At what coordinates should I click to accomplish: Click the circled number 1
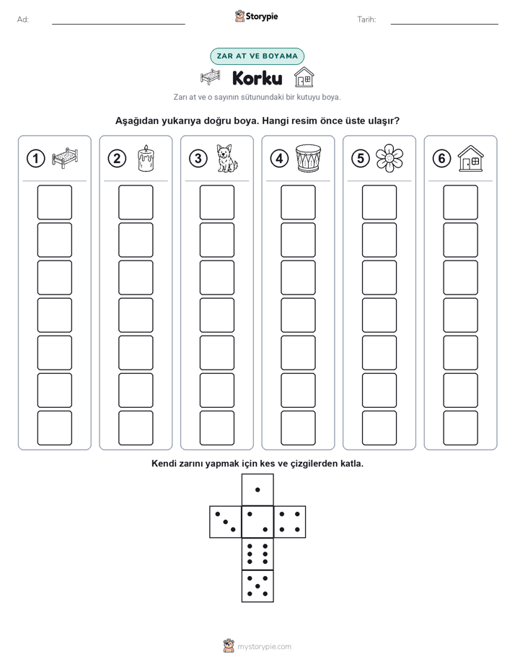pyautogui.click(x=35, y=159)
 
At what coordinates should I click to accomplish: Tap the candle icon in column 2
pyautogui.click(x=146, y=158)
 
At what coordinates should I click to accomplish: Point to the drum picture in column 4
pyautogui.click(x=309, y=158)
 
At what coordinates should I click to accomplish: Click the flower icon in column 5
pyautogui.click(x=389, y=158)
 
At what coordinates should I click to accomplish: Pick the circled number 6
pyautogui.click(x=441, y=159)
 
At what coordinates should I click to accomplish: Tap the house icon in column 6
pyautogui.click(x=471, y=158)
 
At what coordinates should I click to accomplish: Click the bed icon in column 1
pyautogui.click(x=65, y=158)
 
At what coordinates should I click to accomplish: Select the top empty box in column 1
pyautogui.click(x=54, y=202)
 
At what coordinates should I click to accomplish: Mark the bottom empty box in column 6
pyautogui.click(x=461, y=428)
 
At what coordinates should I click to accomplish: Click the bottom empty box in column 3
pyautogui.click(x=216, y=428)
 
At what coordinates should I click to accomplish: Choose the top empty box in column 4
pyautogui.click(x=298, y=202)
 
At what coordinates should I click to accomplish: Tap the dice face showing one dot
pyautogui.click(x=257, y=489)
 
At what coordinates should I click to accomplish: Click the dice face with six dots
pyautogui.click(x=257, y=554)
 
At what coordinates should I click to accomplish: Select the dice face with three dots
pyautogui.click(x=225, y=522)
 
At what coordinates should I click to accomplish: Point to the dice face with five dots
pyautogui.click(x=257, y=586)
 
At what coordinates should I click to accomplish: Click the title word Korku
pyautogui.click(x=257, y=78)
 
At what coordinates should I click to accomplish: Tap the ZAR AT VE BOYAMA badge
pyautogui.click(x=257, y=56)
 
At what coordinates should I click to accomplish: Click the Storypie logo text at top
pyautogui.click(x=262, y=17)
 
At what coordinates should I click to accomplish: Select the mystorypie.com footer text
pyautogui.click(x=264, y=647)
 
